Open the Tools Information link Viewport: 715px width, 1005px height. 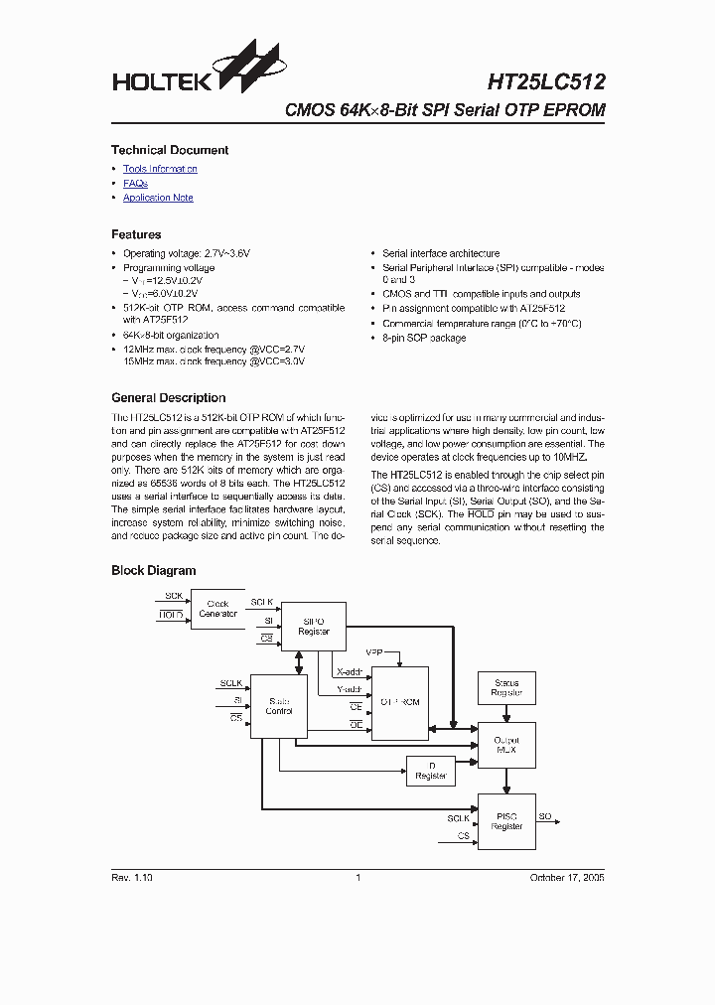[x=160, y=169]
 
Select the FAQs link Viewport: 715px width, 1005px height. [x=135, y=184]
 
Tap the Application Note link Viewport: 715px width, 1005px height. [x=158, y=198]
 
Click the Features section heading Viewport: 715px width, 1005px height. [x=136, y=235]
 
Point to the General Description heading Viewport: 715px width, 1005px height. [x=168, y=398]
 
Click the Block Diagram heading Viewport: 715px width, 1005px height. [x=153, y=571]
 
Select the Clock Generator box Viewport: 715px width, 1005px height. [x=217, y=609]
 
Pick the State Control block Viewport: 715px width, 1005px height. [x=279, y=706]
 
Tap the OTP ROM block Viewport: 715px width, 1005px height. [x=399, y=702]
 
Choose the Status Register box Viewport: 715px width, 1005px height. [x=506, y=687]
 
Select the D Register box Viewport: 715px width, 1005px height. [x=431, y=771]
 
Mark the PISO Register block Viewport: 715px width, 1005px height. [x=506, y=821]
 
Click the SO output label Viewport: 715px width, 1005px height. [x=545, y=816]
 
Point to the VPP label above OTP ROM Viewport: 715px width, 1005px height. [x=373, y=652]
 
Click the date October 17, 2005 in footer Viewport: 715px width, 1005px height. [x=566, y=878]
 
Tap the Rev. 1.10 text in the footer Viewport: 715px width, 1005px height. [x=131, y=878]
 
